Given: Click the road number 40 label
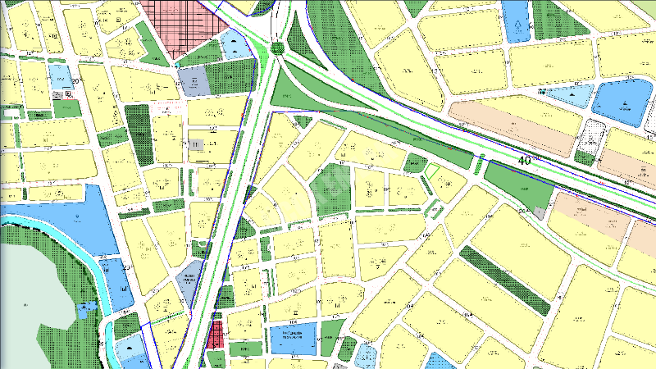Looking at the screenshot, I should tap(526, 162).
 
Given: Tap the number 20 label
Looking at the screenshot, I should tap(75, 80).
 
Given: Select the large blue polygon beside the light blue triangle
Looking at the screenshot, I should tap(622, 100).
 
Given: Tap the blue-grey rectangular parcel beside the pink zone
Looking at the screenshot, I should tap(194, 81).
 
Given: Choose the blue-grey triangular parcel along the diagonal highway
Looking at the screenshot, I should tap(191, 284).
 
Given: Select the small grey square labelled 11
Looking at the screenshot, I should tap(197, 144).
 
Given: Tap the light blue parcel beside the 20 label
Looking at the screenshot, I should tap(60, 76).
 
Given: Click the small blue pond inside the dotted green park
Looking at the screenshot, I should tap(86, 309).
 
